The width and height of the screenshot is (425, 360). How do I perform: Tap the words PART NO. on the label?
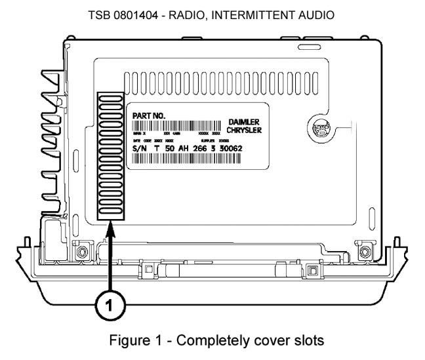[x=148, y=116]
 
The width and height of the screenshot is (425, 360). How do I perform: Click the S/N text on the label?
[x=141, y=149]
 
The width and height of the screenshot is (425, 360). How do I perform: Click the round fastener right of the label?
[x=317, y=127]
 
